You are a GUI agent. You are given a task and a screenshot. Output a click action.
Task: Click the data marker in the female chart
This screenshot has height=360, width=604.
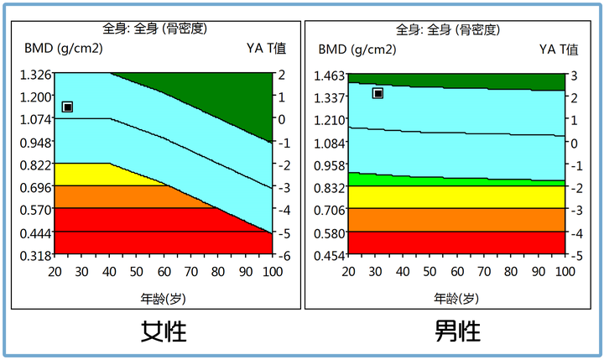click(x=67, y=107)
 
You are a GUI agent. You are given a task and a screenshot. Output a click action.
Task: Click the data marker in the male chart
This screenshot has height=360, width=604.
click(x=378, y=93)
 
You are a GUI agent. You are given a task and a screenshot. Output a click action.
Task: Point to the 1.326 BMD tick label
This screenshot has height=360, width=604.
click(x=33, y=75)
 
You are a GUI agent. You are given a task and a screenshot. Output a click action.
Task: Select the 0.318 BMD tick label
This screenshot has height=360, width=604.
click(x=33, y=255)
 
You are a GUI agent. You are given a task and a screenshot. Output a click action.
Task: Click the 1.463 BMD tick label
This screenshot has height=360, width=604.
click(x=329, y=75)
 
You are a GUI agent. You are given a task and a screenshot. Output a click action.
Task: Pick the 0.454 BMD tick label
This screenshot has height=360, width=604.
click(x=329, y=255)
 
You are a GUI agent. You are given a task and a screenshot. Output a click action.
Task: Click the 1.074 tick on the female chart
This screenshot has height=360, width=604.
click(x=33, y=119)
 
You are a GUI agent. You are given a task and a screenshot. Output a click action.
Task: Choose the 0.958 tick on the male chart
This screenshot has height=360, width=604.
click(x=329, y=164)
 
